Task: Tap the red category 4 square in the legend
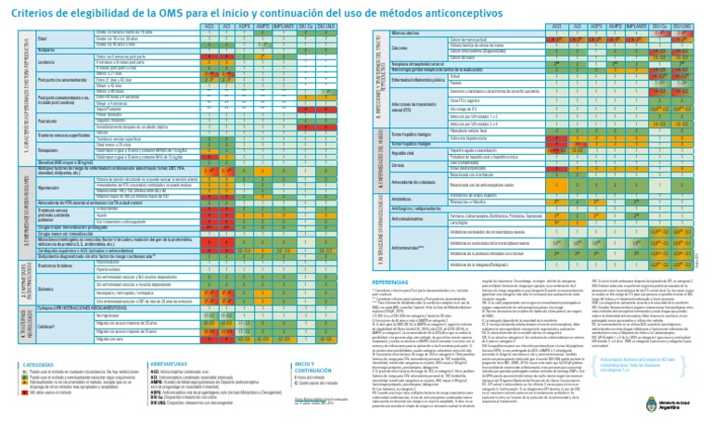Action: pyautogui.click(x=25, y=391)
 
